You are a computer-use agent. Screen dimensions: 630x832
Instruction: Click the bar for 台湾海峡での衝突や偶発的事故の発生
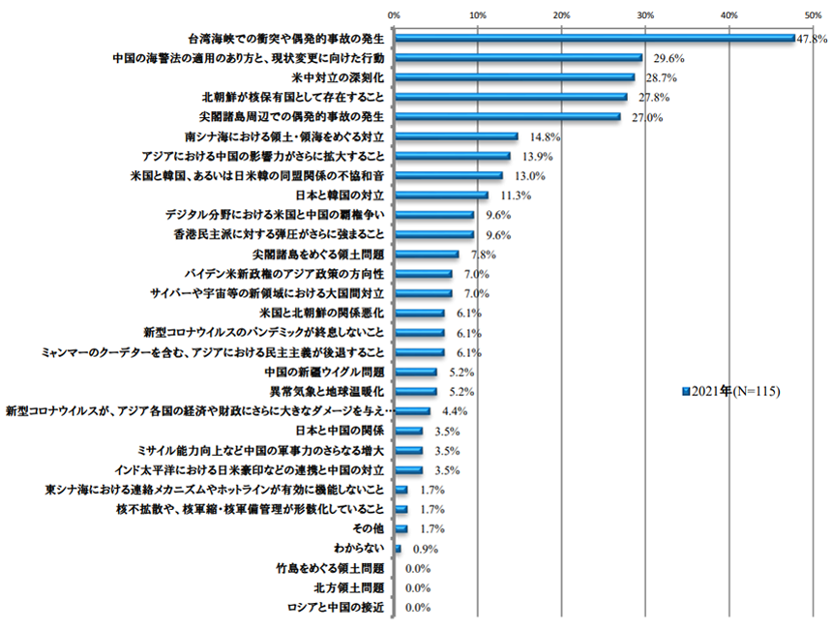click(593, 39)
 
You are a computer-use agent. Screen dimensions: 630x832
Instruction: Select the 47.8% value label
click(812, 39)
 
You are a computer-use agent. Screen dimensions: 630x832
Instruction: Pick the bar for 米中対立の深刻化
click(514, 77)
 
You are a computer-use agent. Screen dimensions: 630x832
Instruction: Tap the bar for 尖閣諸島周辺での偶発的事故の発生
click(507, 117)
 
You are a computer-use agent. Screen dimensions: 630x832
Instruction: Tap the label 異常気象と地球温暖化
click(328, 392)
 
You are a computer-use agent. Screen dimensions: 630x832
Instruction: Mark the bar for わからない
click(398, 549)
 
